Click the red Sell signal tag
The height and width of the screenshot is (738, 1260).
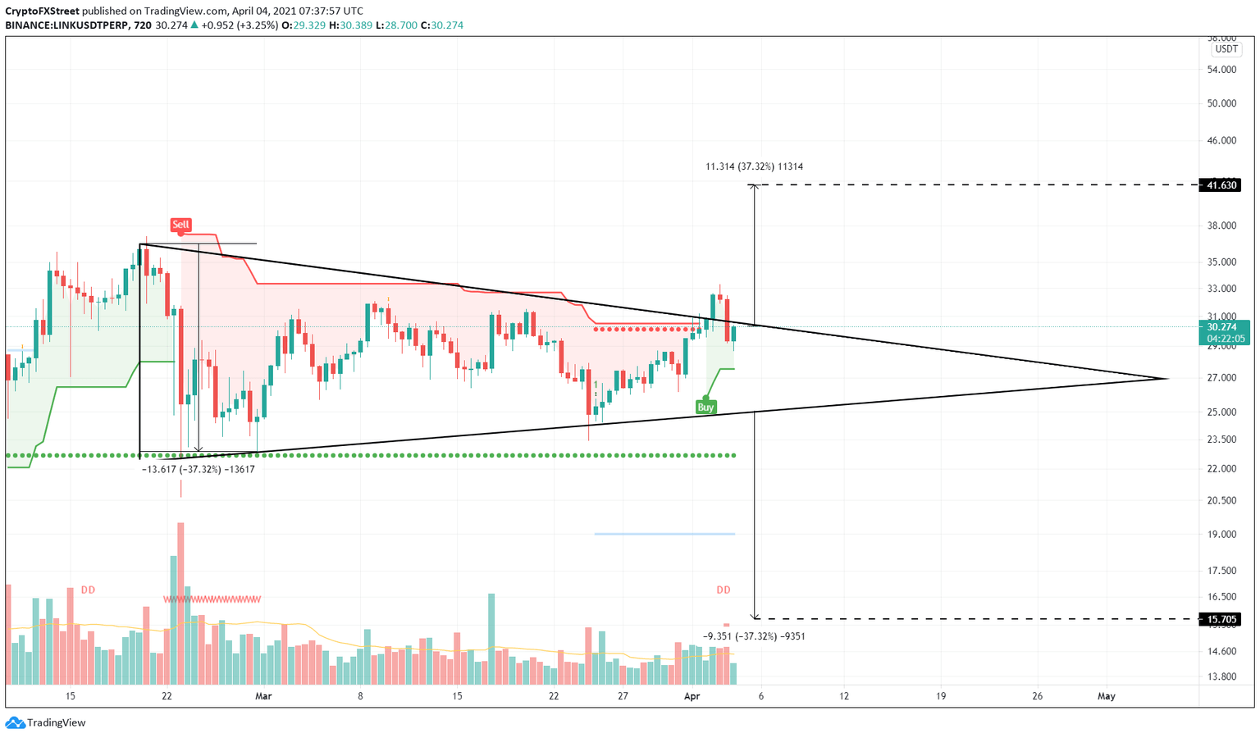pos(180,225)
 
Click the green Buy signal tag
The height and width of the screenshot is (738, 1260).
pos(705,407)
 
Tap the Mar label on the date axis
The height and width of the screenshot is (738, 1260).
pos(263,696)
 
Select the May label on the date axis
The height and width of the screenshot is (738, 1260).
pos(1107,696)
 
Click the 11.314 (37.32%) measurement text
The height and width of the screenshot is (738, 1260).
pos(754,166)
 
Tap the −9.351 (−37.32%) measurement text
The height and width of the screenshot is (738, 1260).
pos(754,636)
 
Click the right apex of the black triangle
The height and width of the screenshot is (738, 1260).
pos(1166,379)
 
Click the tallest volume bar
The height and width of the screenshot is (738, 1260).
pos(180,604)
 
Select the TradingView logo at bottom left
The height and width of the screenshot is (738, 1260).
pos(46,722)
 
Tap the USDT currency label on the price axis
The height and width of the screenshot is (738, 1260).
pos(1226,49)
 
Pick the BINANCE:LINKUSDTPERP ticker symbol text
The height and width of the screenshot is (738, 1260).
pos(66,25)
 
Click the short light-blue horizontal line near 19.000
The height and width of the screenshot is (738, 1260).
pos(664,534)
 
